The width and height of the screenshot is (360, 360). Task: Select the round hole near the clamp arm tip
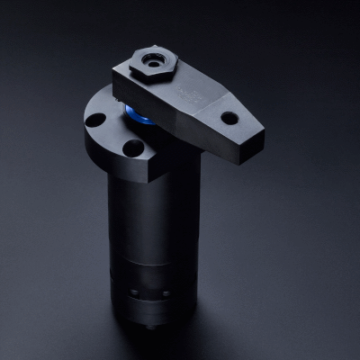(230, 117)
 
